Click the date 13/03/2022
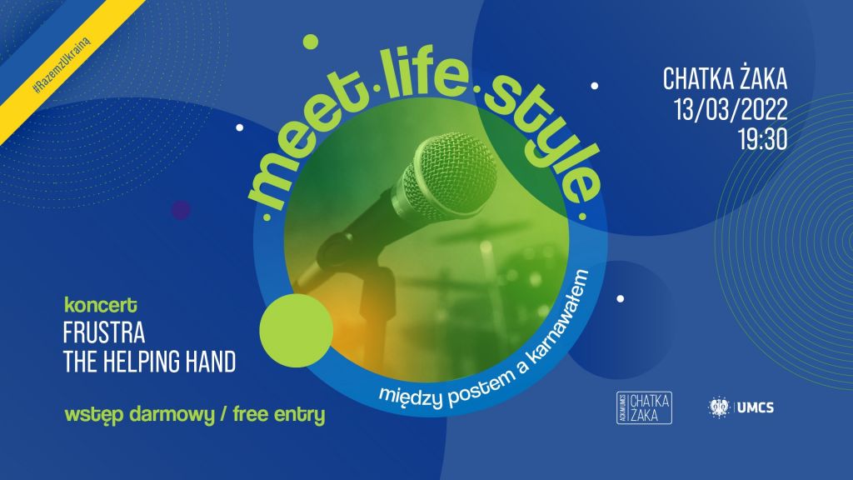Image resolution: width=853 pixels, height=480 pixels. [x=731, y=109]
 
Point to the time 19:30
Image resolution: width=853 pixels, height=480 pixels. [x=763, y=140]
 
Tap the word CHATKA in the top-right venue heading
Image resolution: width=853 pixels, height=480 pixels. [x=698, y=79]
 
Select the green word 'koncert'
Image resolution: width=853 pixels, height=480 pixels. [x=101, y=305]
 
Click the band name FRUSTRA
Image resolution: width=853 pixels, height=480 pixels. [x=104, y=333]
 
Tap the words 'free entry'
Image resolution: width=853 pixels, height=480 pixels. [x=278, y=415]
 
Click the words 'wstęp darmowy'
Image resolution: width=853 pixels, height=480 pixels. [x=139, y=416]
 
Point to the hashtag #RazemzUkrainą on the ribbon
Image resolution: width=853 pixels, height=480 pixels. [x=62, y=65]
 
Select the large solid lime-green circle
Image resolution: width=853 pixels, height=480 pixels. [x=296, y=330]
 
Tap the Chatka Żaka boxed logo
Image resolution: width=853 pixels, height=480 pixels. [x=644, y=407]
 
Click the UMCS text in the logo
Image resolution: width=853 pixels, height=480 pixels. [x=755, y=407]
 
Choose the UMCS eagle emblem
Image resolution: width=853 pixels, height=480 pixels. [x=719, y=407]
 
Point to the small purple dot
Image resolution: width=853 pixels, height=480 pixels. [x=181, y=209]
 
